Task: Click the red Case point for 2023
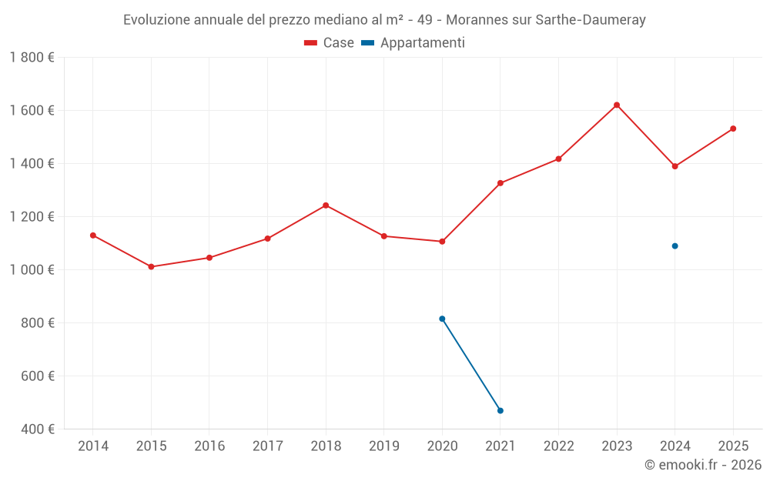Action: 617,105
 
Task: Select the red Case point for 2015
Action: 151,267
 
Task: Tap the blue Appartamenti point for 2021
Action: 500,411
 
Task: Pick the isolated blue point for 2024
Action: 675,246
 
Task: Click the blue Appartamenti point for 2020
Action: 442,319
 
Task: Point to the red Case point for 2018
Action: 326,205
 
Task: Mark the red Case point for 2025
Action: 733,129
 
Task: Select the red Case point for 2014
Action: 93,235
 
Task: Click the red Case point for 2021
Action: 500,183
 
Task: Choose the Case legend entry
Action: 330,43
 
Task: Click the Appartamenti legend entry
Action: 413,43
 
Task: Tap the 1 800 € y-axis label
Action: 32,58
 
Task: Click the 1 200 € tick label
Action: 32,217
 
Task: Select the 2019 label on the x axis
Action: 383,446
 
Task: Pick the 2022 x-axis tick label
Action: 558,446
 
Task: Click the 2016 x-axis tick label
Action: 209,446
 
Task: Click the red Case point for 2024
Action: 675,166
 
